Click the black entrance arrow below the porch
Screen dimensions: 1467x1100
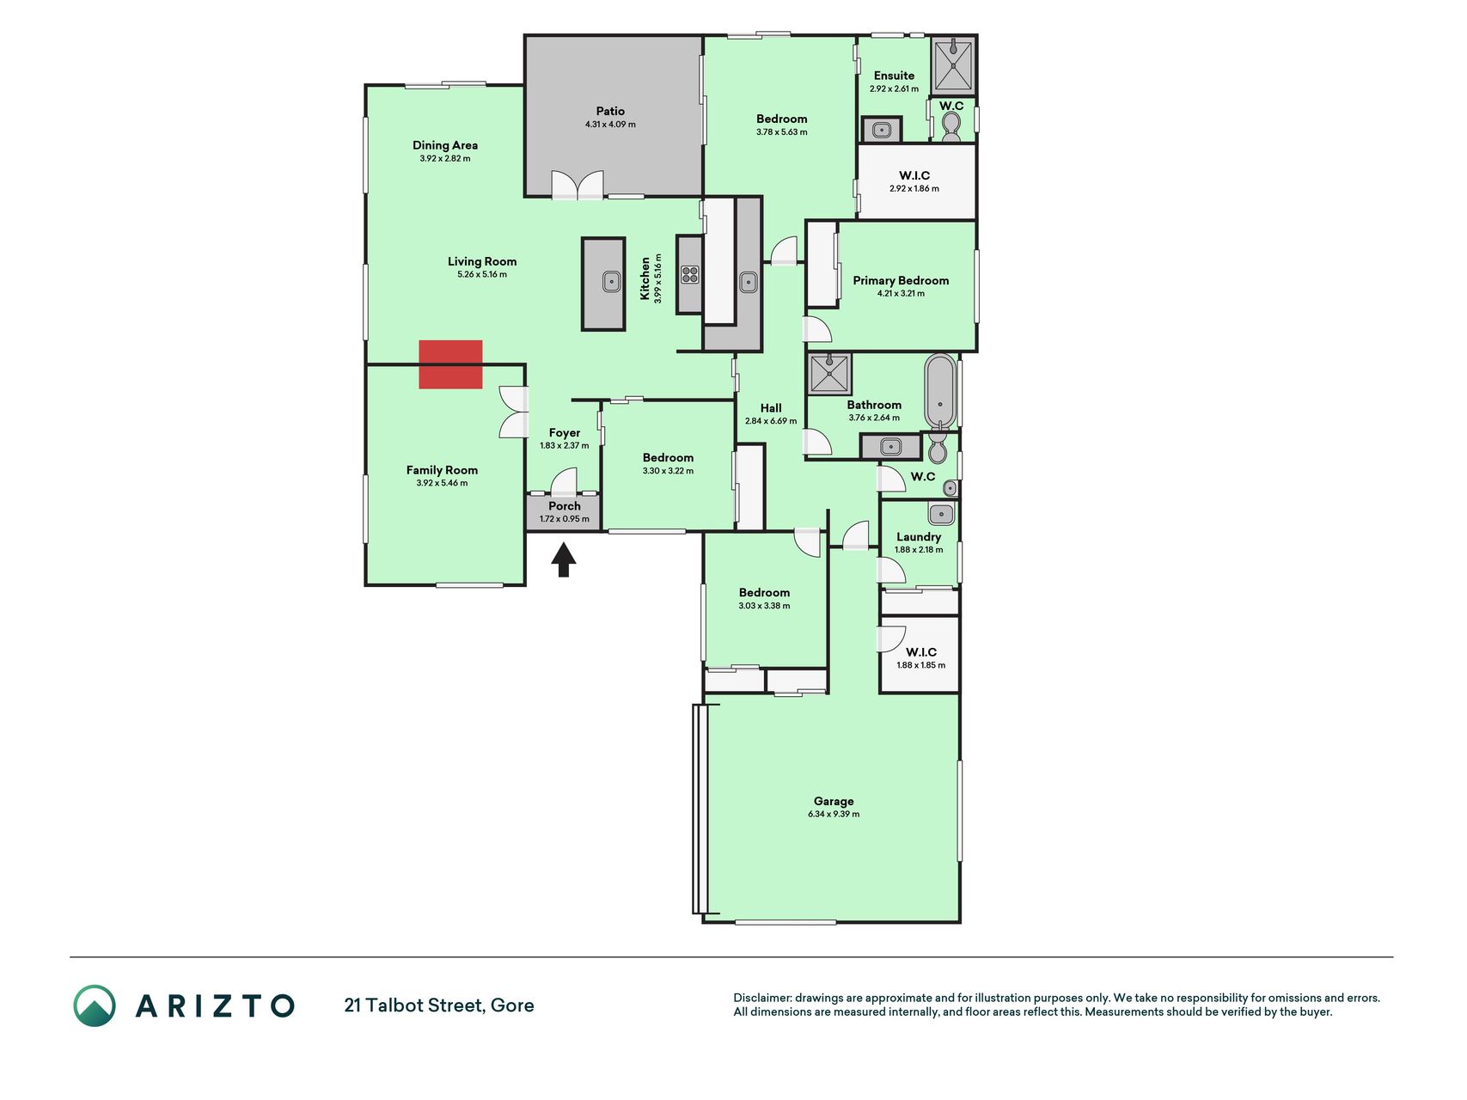pyautogui.click(x=564, y=559)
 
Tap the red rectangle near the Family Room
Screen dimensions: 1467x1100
pyautogui.click(x=450, y=364)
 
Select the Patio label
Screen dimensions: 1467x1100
pyautogui.click(x=610, y=111)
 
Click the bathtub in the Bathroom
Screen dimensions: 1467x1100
pyautogui.click(x=941, y=391)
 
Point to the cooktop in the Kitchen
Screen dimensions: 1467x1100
pyautogui.click(x=689, y=275)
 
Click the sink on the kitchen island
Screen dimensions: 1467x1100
pyautogui.click(x=611, y=281)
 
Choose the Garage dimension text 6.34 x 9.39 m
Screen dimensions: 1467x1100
pyautogui.click(x=834, y=814)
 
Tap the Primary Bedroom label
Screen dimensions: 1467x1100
pyautogui.click(x=901, y=280)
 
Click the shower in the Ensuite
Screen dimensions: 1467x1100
pyautogui.click(x=953, y=65)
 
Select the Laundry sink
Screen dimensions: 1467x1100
pyautogui.click(x=941, y=514)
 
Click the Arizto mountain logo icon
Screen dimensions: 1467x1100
pyautogui.click(x=95, y=1005)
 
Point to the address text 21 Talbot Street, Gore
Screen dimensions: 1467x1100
pyautogui.click(x=439, y=1005)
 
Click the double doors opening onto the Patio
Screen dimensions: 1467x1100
pyautogui.click(x=578, y=185)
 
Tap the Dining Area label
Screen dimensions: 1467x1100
pyautogui.click(x=445, y=145)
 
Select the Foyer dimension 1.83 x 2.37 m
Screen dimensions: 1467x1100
pyautogui.click(x=565, y=446)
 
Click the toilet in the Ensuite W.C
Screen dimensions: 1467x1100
pyautogui.click(x=950, y=128)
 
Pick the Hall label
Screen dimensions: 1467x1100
pyautogui.click(x=771, y=408)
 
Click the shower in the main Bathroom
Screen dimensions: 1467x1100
pyautogui.click(x=830, y=374)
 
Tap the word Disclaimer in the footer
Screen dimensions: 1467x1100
pyautogui.click(x=761, y=998)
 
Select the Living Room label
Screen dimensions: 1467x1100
pyautogui.click(x=482, y=261)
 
